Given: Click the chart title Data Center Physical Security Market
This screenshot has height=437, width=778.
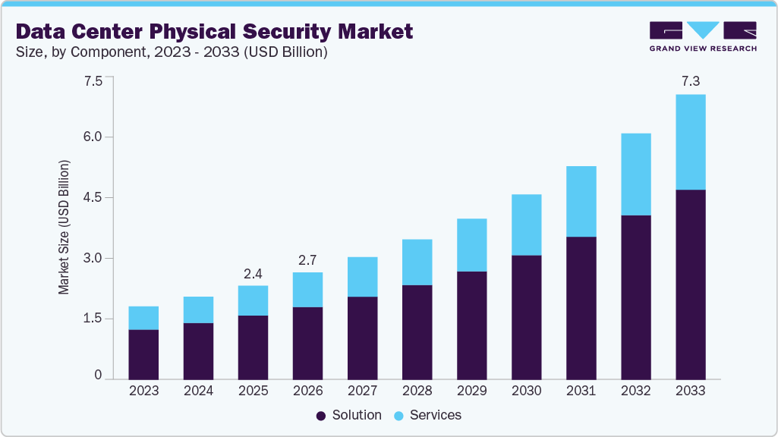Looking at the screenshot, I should point(214,31).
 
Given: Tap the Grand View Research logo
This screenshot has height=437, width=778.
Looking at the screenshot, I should point(702,36).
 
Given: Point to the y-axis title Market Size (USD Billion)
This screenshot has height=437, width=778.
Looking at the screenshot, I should point(65,228).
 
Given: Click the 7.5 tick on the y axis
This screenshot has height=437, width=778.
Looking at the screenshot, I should point(92,81).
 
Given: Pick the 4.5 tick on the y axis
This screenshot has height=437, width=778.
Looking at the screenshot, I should point(92,198).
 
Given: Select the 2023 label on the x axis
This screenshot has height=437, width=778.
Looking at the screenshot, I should point(143,391).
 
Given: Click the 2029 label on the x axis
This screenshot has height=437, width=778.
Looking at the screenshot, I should point(471,391).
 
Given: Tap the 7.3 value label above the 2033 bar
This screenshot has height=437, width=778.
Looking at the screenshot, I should point(690,80).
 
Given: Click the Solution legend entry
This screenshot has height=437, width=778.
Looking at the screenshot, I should point(349,415).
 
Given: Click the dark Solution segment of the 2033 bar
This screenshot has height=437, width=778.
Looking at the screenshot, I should point(690,285).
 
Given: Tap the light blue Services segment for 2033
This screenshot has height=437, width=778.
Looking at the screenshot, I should point(690,142).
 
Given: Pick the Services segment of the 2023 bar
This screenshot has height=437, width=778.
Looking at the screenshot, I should point(143,318).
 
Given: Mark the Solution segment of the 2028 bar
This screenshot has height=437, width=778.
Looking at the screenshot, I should point(417,332).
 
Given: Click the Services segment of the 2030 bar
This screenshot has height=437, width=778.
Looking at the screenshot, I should point(526,225).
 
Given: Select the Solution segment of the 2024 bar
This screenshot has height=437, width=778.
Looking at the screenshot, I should point(198,351).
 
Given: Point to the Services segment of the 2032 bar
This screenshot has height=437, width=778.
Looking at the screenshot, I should point(635,174).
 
